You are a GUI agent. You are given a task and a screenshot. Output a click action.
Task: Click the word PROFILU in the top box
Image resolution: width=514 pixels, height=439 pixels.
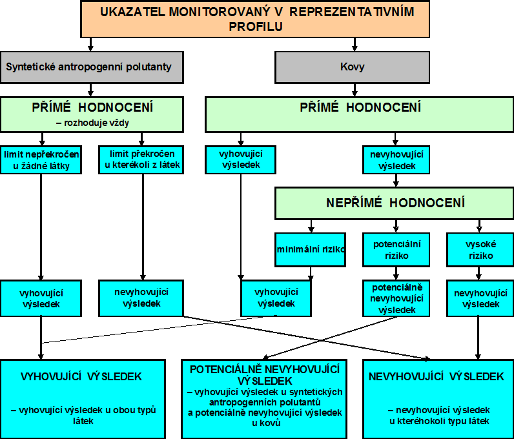[x=256, y=26]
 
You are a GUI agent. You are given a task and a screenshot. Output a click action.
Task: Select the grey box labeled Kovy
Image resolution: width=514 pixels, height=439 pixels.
[x=352, y=67]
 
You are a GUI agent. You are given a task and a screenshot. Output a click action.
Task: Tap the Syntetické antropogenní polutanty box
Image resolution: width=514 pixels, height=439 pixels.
[x=92, y=67]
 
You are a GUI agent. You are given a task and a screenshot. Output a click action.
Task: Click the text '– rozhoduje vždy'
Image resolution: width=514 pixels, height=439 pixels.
[x=92, y=123]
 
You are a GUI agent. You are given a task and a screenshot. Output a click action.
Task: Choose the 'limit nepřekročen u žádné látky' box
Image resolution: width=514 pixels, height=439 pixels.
[x=41, y=159]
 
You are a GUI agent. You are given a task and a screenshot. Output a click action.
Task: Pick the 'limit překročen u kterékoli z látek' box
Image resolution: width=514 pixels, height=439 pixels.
[x=141, y=159]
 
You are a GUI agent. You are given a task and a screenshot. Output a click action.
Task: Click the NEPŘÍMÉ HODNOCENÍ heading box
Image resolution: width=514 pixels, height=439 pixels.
[x=395, y=203]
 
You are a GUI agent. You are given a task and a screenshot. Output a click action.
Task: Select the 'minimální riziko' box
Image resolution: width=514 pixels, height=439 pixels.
[x=310, y=249]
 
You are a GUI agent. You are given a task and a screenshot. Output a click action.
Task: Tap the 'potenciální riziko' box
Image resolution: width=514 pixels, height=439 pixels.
[x=396, y=249]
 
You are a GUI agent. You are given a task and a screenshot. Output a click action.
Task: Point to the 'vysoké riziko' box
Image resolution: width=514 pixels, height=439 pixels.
[x=480, y=249]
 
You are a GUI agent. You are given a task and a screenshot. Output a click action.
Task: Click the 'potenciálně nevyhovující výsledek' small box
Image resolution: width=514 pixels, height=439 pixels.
[x=396, y=298]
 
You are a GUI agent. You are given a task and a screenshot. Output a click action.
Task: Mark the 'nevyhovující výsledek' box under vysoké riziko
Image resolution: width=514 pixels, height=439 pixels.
[x=480, y=298]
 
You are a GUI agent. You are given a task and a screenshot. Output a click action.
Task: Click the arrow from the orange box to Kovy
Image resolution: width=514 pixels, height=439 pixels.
[x=355, y=45]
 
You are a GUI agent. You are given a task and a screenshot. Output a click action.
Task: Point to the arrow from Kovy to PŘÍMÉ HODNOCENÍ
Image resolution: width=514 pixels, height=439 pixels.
[x=355, y=90]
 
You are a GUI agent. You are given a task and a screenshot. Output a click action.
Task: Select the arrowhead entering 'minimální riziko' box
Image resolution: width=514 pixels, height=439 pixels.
[x=311, y=230]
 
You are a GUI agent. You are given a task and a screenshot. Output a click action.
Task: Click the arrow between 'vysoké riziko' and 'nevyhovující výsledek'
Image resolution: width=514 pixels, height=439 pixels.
[x=478, y=274]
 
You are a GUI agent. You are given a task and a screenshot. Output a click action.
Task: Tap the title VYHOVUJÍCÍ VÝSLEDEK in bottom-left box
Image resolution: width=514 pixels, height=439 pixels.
[x=81, y=377]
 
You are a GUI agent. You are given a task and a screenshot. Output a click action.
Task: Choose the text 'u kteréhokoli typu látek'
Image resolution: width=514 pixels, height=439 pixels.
[x=439, y=421]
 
